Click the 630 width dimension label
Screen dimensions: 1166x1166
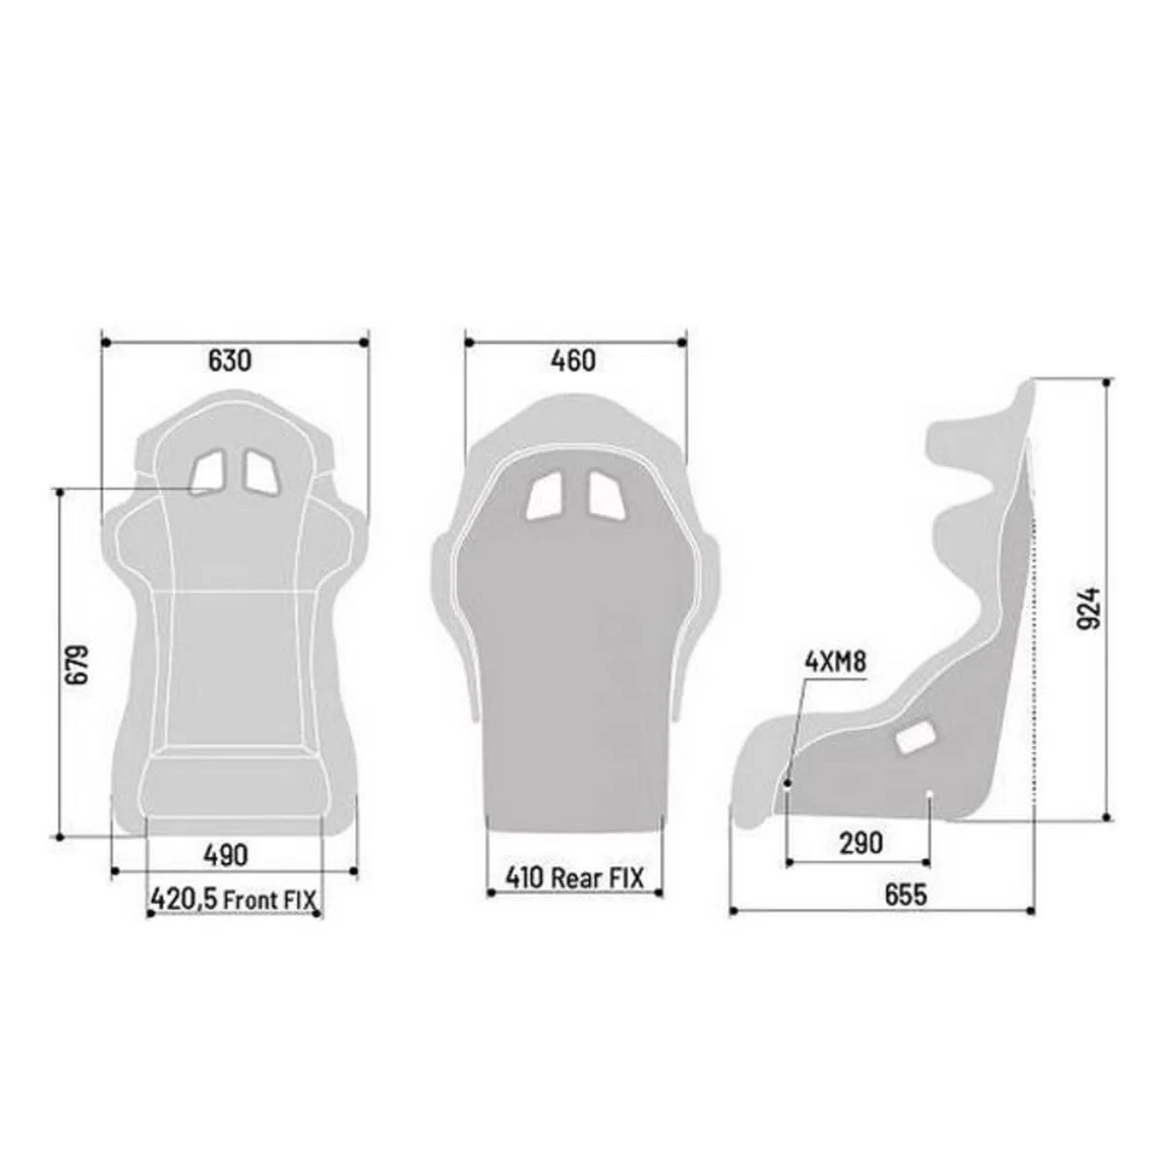[x=230, y=360]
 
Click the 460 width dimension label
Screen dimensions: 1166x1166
[x=573, y=360]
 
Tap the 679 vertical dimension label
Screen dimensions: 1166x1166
[x=79, y=664]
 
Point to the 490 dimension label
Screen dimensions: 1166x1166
[x=225, y=855]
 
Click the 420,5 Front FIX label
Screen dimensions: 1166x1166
[x=233, y=900]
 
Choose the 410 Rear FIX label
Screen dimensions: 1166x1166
[x=574, y=877]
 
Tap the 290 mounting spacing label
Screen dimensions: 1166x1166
[x=860, y=842]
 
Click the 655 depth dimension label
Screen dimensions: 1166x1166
[x=906, y=895]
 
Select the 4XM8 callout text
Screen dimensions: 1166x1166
[x=835, y=663]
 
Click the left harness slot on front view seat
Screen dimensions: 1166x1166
[x=207, y=472]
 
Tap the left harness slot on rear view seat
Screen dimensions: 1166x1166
[x=543, y=497]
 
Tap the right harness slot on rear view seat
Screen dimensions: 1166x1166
[x=604, y=497]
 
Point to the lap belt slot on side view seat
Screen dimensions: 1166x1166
[x=914, y=739]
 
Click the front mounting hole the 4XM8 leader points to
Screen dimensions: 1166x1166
[x=787, y=782]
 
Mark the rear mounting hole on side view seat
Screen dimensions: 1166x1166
[x=930, y=797]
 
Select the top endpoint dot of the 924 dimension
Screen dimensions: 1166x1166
[x=1107, y=383]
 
